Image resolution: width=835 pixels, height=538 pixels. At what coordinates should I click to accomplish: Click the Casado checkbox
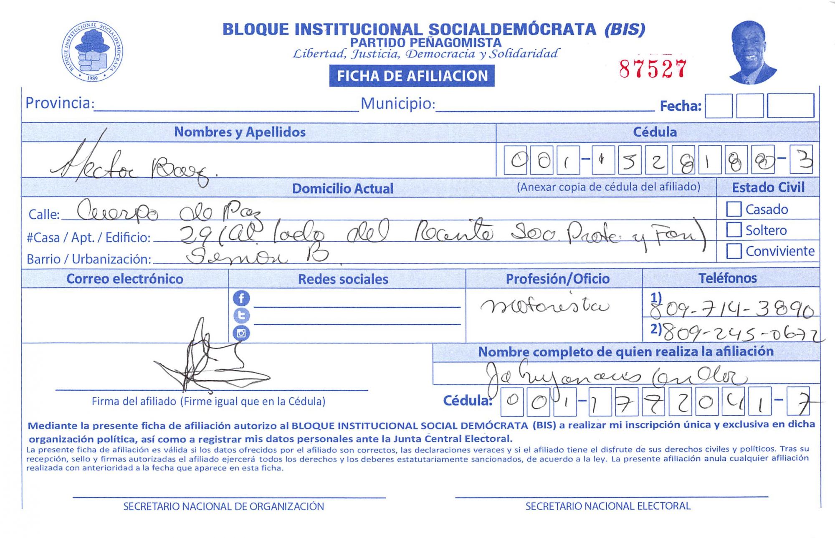pyautogui.click(x=734, y=209)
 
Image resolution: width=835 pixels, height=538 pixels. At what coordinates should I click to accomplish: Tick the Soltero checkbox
pyautogui.click(x=734, y=230)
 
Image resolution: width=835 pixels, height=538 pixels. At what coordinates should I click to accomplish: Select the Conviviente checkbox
pyautogui.click(x=734, y=251)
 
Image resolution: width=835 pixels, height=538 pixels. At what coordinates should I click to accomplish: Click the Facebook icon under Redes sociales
pyautogui.click(x=241, y=298)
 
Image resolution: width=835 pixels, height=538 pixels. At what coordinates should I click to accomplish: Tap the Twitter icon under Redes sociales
pyautogui.click(x=241, y=316)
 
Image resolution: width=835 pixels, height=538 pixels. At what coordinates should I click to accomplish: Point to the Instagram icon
pyautogui.click(x=241, y=333)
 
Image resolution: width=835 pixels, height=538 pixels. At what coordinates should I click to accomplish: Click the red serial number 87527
pyautogui.click(x=653, y=69)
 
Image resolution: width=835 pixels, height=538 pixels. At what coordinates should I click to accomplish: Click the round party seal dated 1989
pyautogui.click(x=92, y=51)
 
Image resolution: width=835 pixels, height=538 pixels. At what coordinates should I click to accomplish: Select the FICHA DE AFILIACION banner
pyautogui.click(x=412, y=76)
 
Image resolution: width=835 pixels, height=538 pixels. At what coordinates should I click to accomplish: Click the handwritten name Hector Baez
pyautogui.click(x=134, y=165)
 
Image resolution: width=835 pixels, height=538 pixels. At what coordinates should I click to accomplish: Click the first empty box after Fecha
pyautogui.click(x=719, y=106)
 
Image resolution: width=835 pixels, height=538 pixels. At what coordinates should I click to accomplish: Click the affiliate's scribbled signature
pyautogui.click(x=209, y=361)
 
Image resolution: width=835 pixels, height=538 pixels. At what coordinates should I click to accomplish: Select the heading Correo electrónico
pyautogui.click(x=125, y=279)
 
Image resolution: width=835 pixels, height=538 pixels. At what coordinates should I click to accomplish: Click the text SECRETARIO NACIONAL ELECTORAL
pyautogui.click(x=608, y=506)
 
